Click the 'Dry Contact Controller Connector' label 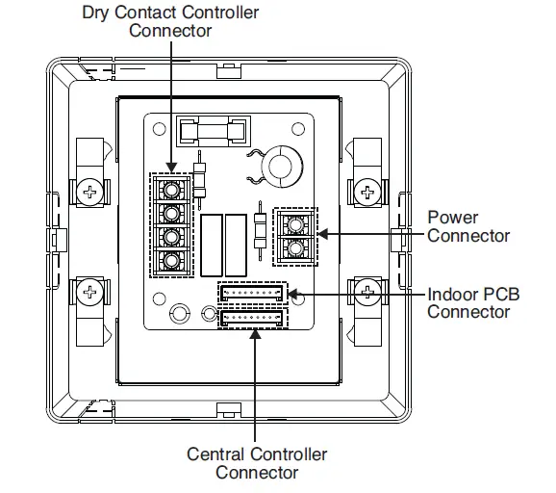169,20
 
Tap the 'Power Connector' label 468,226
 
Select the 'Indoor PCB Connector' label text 473,302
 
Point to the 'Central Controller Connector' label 257,463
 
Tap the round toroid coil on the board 282,166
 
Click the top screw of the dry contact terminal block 170,188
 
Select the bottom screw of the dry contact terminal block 170,260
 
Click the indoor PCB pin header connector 252,293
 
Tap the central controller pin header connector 252,319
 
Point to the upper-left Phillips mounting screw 90,192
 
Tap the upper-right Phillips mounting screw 367,192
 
